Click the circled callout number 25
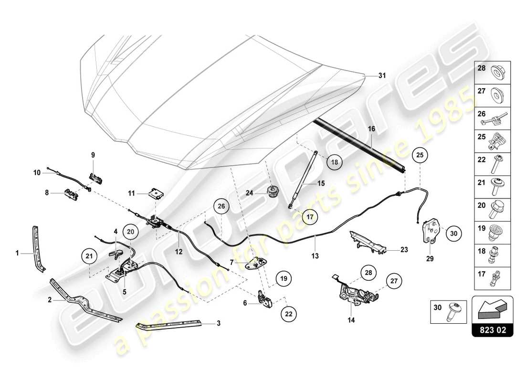click(x=420, y=155)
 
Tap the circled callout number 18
click(x=335, y=162)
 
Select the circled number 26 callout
click(x=220, y=207)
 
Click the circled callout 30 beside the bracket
click(x=453, y=233)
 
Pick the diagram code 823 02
click(x=493, y=330)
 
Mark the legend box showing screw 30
click(x=448, y=310)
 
